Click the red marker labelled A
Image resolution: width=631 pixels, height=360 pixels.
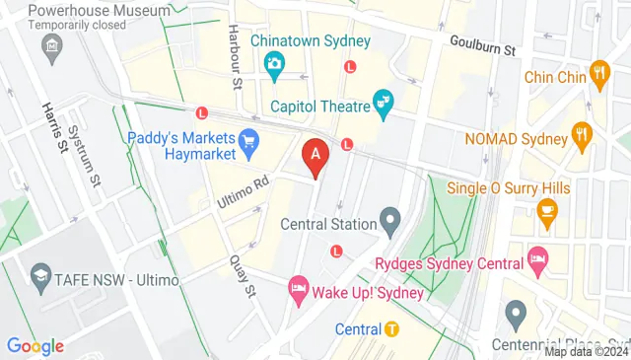(x=315, y=153)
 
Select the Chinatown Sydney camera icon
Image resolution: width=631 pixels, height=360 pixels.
(x=274, y=64)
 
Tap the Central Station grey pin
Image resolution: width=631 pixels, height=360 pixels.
(x=390, y=221)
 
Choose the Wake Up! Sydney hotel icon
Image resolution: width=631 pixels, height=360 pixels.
(x=298, y=290)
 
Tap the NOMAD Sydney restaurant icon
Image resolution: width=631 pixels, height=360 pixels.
(x=583, y=137)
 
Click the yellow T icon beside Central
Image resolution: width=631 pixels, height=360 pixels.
(x=391, y=328)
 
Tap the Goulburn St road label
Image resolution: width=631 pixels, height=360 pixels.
(x=482, y=44)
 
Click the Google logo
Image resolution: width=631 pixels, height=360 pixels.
(x=35, y=346)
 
